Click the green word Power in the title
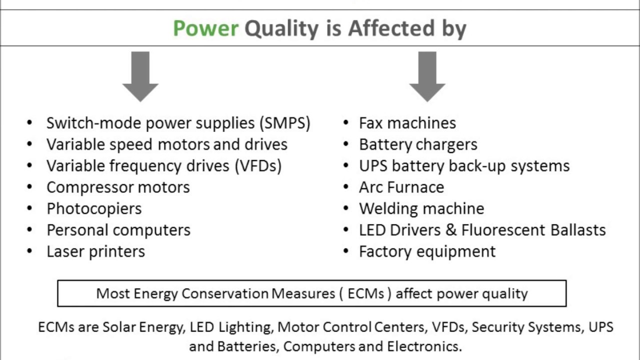(x=205, y=29)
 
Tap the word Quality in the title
(x=280, y=29)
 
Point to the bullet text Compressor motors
(x=118, y=187)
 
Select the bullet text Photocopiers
(x=94, y=209)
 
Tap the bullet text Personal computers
(x=118, y=230)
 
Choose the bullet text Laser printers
(x=95, y=251)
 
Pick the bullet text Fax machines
(x=407, y=123)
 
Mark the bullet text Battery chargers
(x=418, y=144)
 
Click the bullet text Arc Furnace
(x=401, y=187)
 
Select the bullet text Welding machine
(x=421, y=209)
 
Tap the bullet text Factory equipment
(x=427, y=251)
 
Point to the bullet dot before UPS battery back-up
(x=346, y=166)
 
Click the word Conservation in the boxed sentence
(x=225, y=293)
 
